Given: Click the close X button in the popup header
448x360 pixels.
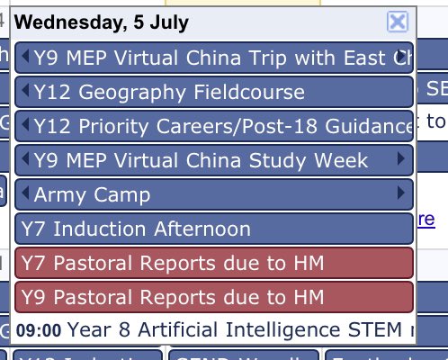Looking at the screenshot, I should (397, 22).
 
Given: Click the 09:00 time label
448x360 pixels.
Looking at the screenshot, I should (39, 329).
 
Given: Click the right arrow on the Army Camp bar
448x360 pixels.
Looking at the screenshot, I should (400, 194).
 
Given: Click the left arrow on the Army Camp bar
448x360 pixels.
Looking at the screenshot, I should (25, 194).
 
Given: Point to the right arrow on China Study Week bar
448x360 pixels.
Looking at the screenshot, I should (400, 160).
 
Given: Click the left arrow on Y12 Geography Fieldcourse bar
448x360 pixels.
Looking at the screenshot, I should (25, 92).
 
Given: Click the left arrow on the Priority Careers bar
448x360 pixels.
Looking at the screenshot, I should (25, 126).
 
